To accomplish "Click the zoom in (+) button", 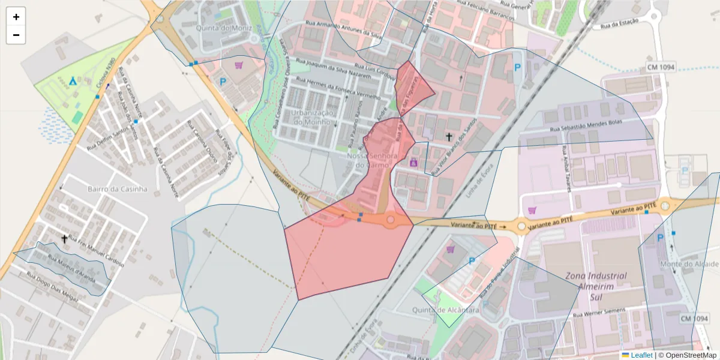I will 16,17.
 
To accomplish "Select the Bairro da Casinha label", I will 117,188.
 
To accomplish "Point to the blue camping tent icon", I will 73,80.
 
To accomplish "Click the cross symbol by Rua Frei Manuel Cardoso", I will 64,239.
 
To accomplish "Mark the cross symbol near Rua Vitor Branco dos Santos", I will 448,137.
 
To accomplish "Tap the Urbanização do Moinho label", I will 311,118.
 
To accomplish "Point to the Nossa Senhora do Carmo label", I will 373,161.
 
